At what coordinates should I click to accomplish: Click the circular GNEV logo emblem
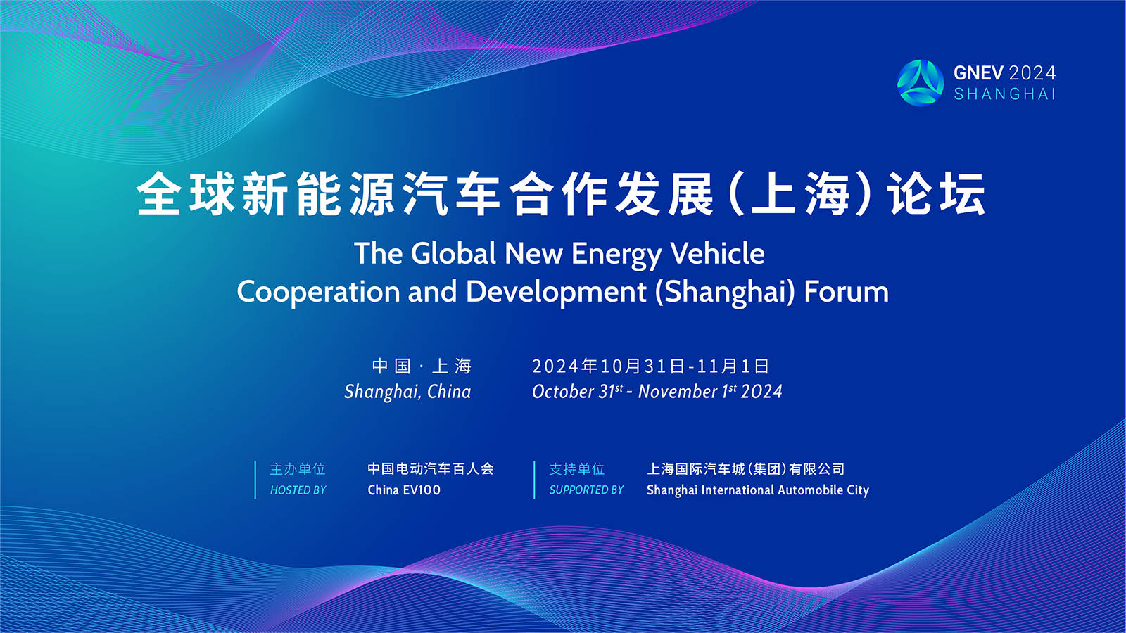(x=921, y=83)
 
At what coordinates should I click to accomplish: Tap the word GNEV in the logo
(x=978, y=73)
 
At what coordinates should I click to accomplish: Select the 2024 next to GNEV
(x=1032, y=73)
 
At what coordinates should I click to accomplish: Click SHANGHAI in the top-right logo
(x=1004, y=94)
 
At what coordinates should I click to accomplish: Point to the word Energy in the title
(x=616, y=254)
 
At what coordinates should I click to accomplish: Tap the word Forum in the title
(x=847, y=292)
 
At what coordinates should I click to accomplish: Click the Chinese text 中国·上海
(x=422, y=366)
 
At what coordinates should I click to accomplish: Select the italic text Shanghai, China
(x=407, y=392)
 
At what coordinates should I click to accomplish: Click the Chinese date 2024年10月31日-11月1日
(x=650, y=366)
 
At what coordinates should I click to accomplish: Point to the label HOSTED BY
(x=298, y=490)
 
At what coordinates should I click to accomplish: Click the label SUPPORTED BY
(x=586, y=490)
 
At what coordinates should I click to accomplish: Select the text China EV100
(x=404, y=490)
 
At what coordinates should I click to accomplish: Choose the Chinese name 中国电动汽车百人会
(x=431, y=468)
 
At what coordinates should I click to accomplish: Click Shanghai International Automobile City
(x=758, y=490)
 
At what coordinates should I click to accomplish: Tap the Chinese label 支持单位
(x=576, y=469)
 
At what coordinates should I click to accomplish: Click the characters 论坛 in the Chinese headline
(x=936, y=194)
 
